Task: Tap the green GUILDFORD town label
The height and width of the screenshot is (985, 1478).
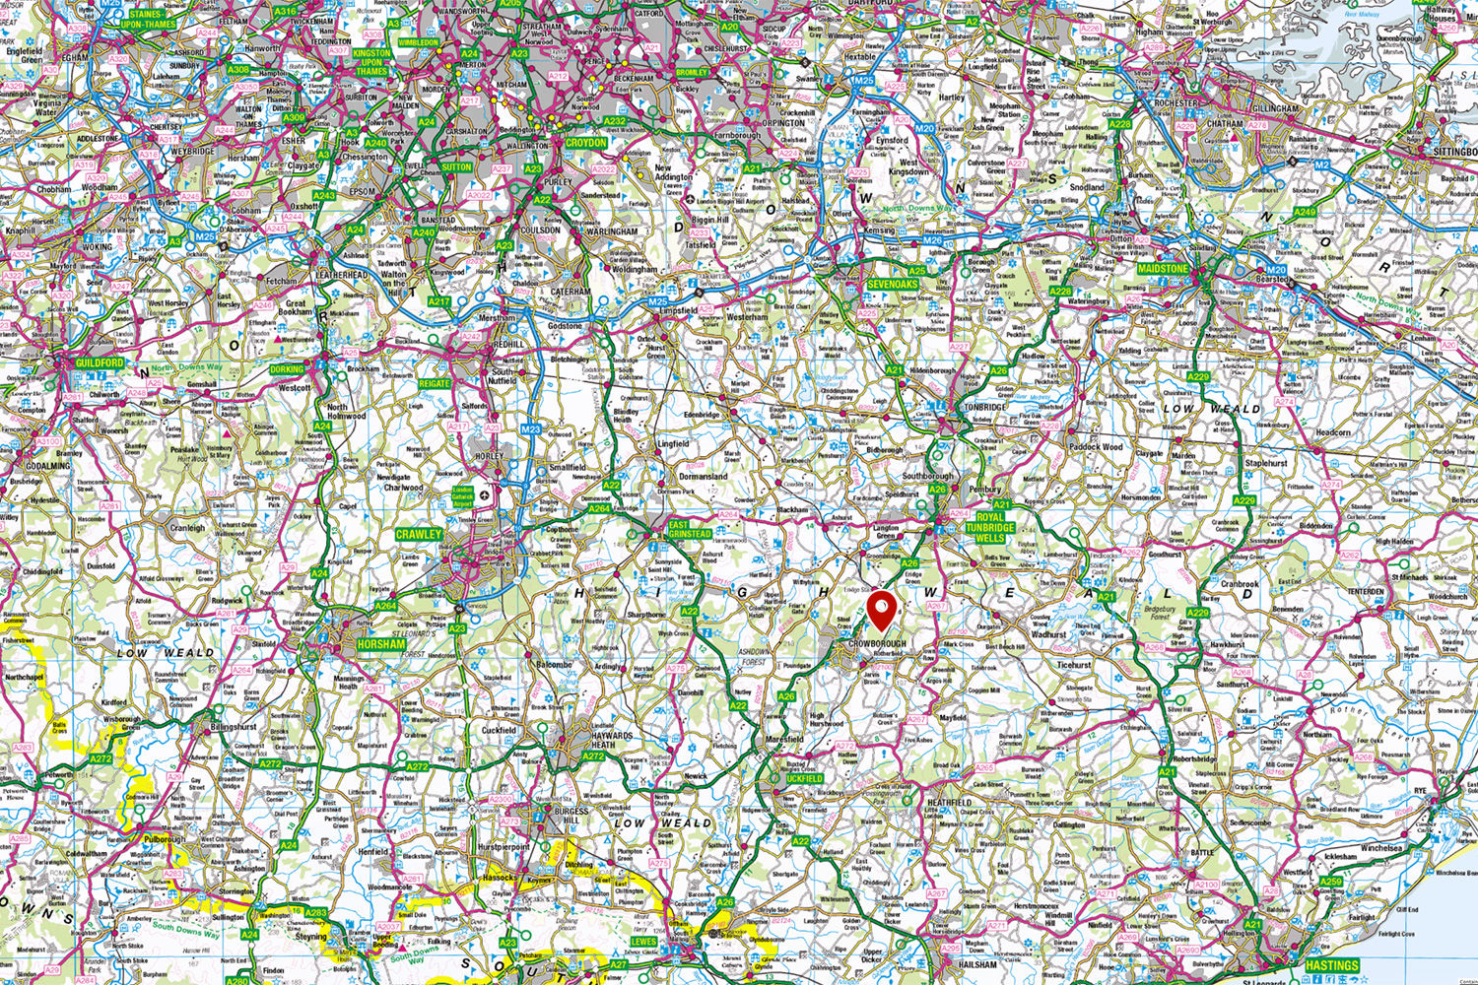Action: point(100,363)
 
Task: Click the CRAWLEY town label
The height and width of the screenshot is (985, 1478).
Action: point(419,534)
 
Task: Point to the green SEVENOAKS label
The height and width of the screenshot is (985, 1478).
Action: point(893,285)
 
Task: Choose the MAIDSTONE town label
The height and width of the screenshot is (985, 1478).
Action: point(1163,268)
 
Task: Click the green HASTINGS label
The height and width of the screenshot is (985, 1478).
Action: point(1331,965)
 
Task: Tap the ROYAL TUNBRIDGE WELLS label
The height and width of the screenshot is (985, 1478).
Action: point(989,527)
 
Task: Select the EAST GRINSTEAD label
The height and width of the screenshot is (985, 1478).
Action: point(690,530)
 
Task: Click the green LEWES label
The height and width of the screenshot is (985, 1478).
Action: point(642,942)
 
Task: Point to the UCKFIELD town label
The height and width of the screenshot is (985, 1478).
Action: point(804,778)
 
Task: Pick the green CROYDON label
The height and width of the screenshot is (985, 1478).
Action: point(586,142)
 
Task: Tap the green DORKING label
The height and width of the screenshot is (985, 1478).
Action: point(288,370)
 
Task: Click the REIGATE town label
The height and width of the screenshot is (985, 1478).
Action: point(434,383)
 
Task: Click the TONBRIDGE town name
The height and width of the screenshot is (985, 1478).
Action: point(984,407)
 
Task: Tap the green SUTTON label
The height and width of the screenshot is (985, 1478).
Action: point(456,167)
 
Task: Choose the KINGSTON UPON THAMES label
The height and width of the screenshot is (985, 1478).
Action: point(371,62)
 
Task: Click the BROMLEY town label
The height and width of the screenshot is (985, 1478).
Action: point(692,73)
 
